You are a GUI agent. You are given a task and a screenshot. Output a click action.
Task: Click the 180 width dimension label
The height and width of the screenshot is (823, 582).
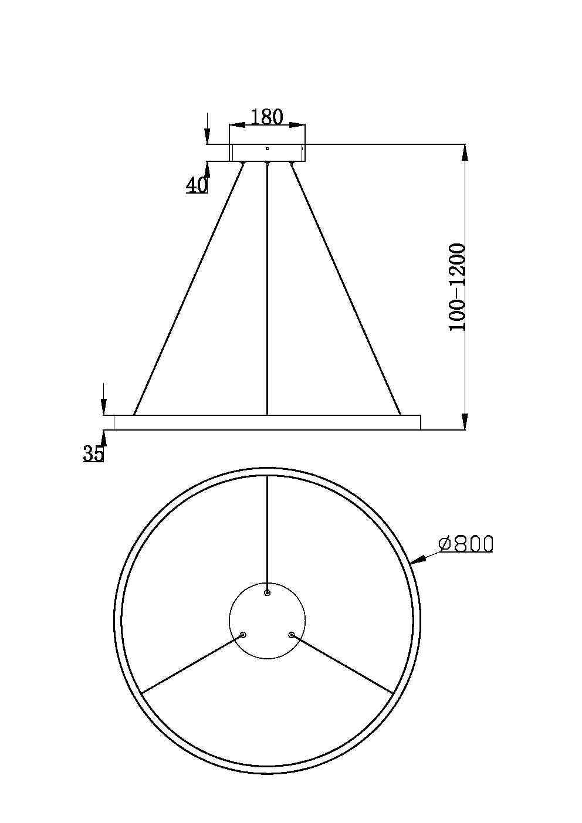[x=267, y=117]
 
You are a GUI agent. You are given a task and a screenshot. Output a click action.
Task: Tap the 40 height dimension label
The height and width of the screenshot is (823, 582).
[x=197, y=185]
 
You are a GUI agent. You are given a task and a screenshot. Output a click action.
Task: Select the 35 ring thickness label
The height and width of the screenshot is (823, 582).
[x=93, y=453]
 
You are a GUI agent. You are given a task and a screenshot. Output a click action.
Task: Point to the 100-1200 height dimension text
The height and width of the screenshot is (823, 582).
[x=457, y=287]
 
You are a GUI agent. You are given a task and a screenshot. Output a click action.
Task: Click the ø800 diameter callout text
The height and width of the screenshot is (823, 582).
[x=466, y=544]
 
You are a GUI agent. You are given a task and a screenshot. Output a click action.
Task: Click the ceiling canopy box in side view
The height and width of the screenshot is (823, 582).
[x=267, y=153]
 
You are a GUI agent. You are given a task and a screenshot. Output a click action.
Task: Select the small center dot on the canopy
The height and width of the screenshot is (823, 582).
[x=267, y=148]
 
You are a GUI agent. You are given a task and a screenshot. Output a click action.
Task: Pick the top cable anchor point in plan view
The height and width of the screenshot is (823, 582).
[x=267, y=593]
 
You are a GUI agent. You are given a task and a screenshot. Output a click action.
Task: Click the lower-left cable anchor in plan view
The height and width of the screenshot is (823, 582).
[x=243, y=634]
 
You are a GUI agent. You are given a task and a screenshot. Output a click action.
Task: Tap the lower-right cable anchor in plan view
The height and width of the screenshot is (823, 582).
[x=291, y=634]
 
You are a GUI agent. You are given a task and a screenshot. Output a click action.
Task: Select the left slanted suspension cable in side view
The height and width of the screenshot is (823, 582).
[x=188, y=290]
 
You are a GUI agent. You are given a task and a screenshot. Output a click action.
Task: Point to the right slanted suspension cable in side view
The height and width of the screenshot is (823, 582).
[x=346, y=290]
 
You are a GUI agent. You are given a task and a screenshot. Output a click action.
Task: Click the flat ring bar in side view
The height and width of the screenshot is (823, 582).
[x=267, y=422]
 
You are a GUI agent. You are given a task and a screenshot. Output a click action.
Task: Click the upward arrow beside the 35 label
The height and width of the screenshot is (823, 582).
[x=104, y=438]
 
